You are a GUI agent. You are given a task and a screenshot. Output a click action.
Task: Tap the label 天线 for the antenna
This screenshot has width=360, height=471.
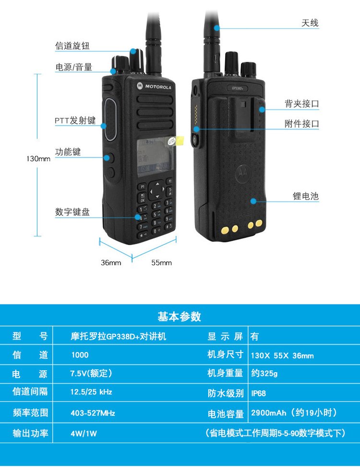tap(310, 23)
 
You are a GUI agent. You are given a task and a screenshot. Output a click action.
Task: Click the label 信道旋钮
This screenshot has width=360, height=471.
tap(72, 46)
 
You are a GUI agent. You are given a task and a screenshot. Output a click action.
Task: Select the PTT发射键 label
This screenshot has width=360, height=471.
tap(75, 120)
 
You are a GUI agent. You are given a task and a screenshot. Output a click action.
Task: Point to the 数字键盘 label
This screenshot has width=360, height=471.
tap(72, 212)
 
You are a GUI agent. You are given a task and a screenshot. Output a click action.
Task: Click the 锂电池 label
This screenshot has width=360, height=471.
tap(306, 196)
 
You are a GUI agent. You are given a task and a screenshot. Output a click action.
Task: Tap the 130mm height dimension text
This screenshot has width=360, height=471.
tap(38, 159)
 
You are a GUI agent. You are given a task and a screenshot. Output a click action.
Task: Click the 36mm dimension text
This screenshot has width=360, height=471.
tap(111, 262)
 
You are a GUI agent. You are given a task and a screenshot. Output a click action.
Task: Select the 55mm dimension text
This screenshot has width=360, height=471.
tap(161, 262)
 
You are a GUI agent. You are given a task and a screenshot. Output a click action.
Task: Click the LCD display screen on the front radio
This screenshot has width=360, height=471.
tap(155, 158)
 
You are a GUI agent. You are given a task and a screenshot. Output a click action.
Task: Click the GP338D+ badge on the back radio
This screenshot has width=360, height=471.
tap(238, 88)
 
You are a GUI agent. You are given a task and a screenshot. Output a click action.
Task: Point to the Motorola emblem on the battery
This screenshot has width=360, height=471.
tap(242, 173)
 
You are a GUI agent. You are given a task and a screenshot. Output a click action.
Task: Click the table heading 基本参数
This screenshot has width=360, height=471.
tap(180, 317)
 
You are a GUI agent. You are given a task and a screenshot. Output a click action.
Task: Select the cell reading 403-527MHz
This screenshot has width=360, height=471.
tap(93, 413)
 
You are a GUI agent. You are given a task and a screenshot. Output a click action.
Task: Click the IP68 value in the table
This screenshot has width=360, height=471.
tap(258, 393)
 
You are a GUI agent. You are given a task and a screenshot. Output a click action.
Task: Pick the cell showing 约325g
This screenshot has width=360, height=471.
tap(264, 373)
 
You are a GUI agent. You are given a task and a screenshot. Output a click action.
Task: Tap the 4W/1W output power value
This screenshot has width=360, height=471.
tap(84, 433)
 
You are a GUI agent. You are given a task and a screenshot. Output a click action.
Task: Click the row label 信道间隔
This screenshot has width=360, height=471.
tap(30, 391)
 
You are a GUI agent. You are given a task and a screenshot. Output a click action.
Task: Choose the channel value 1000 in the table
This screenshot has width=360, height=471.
tap(80, 355)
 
